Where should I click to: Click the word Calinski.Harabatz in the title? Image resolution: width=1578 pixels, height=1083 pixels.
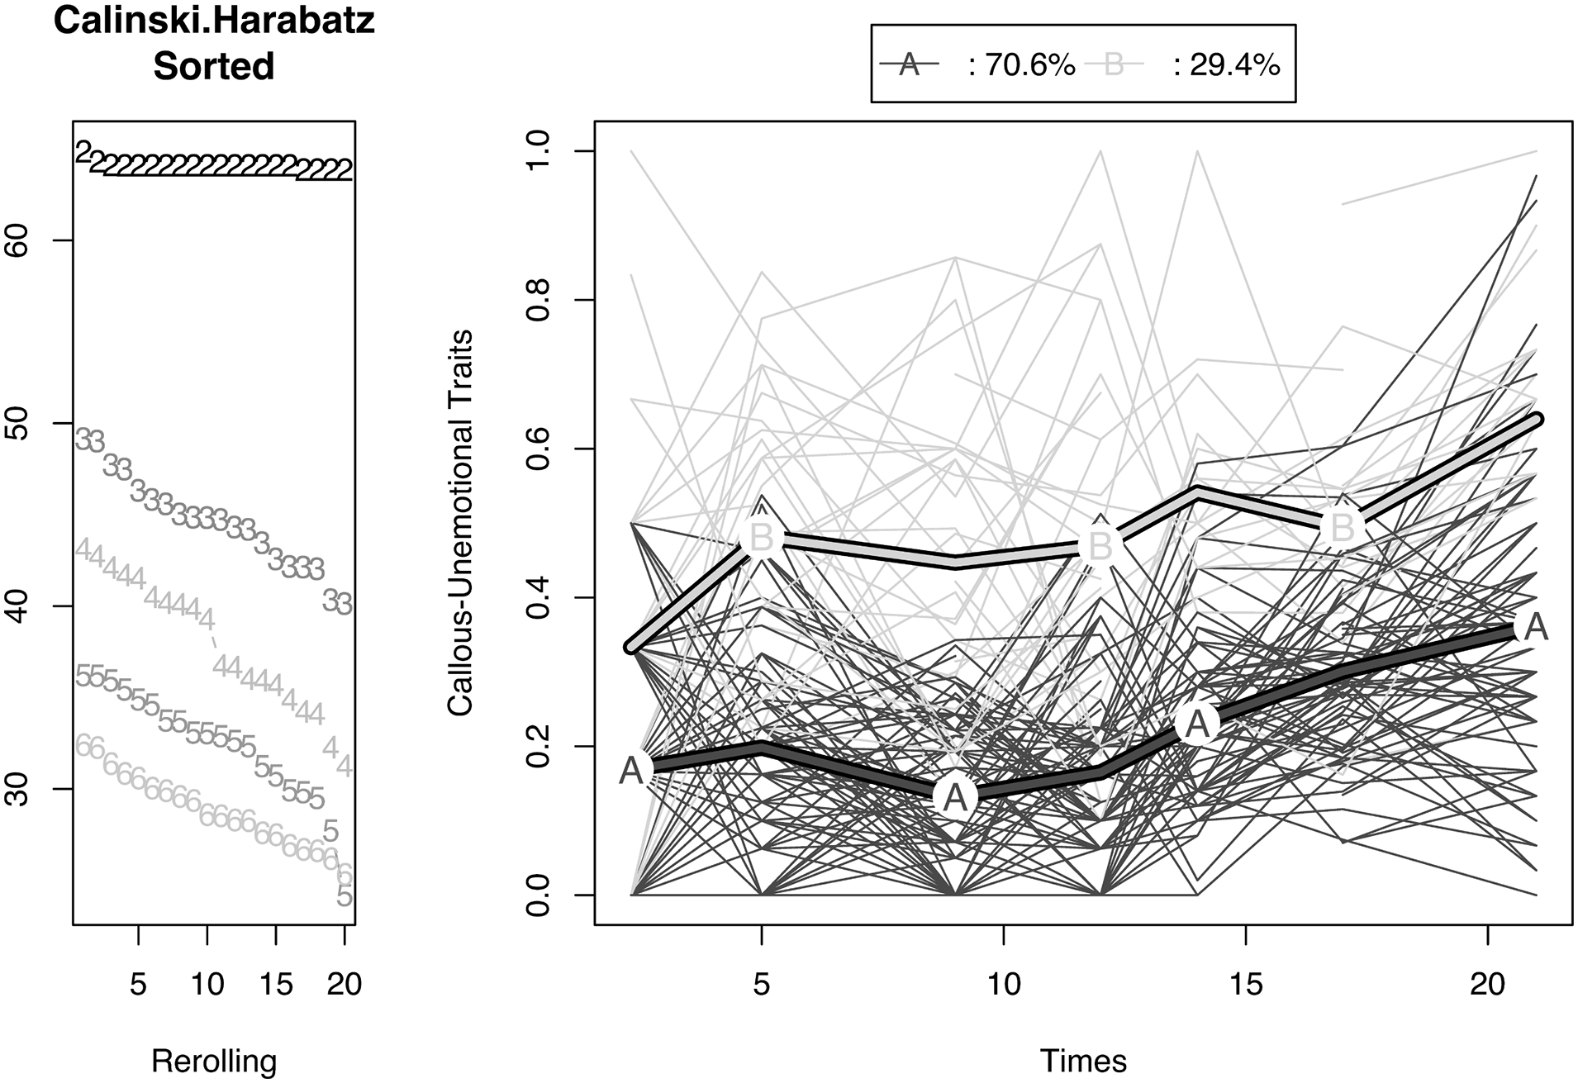click(x=214, y=21)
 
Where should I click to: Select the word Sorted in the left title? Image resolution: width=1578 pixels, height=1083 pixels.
click(x=214, y=66)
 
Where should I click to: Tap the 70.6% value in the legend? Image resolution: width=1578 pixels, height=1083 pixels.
click(x=1022, y=65)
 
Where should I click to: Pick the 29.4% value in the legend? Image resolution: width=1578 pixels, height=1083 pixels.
click(x=1226, y=65)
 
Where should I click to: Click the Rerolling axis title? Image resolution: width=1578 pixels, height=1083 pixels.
click(x=214, y=1061)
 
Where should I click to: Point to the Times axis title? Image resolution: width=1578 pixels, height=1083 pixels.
click(x=1083, y=1061)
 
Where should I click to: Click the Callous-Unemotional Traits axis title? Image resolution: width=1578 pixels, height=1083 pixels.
click(x=460, y=522)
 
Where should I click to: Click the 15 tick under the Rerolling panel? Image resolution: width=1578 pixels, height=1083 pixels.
click(x=276, y=984)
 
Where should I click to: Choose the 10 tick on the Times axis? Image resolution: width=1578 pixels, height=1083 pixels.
click(x=1004, y=984)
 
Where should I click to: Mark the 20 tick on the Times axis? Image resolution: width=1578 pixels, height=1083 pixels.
click(x=1488, y=984)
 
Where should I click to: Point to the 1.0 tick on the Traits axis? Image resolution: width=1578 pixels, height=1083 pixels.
click(x=538, y=150)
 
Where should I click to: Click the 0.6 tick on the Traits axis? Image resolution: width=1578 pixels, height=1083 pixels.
click(x=538, y=449)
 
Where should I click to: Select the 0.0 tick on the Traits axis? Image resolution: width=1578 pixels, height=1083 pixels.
click(x=538, y=895)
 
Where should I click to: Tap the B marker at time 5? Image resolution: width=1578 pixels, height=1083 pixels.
click(x=761, y=536)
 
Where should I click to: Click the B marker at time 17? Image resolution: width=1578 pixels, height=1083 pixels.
click(x=1343, y=527)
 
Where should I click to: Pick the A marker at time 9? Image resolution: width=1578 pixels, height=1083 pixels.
click(x=955, y=797)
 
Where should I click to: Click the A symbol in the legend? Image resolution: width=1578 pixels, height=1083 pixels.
click(x=910, y=64)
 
